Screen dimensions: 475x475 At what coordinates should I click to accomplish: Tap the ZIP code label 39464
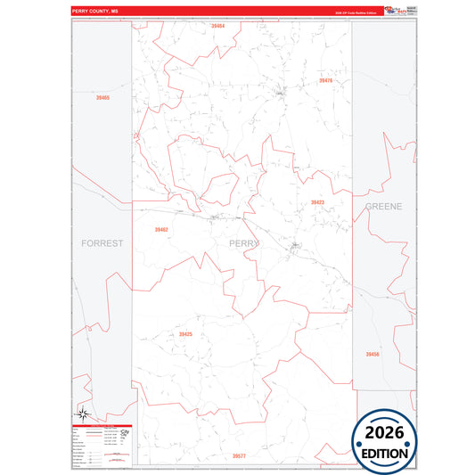(x=218, y=27)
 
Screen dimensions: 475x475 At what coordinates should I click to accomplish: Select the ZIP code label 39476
(x=325, y=81)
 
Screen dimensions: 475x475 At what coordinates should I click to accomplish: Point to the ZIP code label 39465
(x=103, y=97)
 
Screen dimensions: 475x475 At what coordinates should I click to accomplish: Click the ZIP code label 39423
(x=317, y=202)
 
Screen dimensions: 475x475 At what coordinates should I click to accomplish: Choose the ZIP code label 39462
(x=161, y=230)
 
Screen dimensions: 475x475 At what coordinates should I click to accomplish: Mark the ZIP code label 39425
(x=185, y=333)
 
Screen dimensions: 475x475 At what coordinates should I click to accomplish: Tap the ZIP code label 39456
(x=373, y=354)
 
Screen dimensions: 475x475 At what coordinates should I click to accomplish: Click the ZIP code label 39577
(x=239, y=455)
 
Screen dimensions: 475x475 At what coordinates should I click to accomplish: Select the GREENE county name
(x=383, y=206)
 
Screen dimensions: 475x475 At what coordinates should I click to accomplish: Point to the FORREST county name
(x=102, y=242)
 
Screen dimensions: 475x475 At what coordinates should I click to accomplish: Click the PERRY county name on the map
(x=243, y=242)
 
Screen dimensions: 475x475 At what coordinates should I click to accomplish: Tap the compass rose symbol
(x=82, y=412)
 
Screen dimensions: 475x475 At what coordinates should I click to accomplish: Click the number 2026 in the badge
(x=390, y=433)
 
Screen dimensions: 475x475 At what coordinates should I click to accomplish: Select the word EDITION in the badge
(x=390, y=453)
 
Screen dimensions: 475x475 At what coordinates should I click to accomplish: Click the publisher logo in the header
(x=400, y=12)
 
